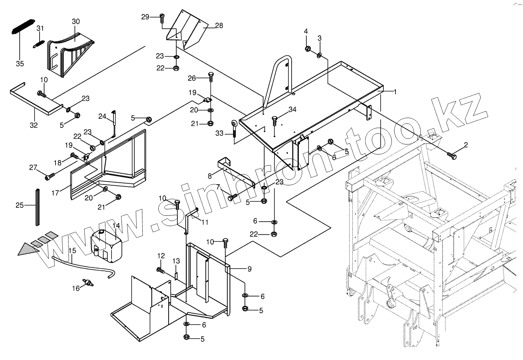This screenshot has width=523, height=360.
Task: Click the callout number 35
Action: click(19, 64)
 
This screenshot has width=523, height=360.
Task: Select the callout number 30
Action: click(75, 21)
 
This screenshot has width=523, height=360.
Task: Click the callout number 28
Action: click(219, 25)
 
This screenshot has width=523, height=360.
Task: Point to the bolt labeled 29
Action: click(162, 17)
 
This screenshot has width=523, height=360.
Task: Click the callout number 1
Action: click(395, 91)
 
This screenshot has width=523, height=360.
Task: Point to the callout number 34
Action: click(292, 110)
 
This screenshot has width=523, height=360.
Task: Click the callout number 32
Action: click(33, 125)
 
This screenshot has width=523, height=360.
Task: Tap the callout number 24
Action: click(102, 116)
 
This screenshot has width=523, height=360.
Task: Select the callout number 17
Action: click(56, 193)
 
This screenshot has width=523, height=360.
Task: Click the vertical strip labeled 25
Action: click(38, 207)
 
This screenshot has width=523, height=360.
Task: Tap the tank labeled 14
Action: click(107, 245)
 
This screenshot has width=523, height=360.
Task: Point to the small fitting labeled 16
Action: click(89, 283)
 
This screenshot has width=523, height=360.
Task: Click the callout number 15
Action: click(72, 250)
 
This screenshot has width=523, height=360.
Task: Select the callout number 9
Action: click(249, 269)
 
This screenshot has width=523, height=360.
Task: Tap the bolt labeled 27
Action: click(49, 176)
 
